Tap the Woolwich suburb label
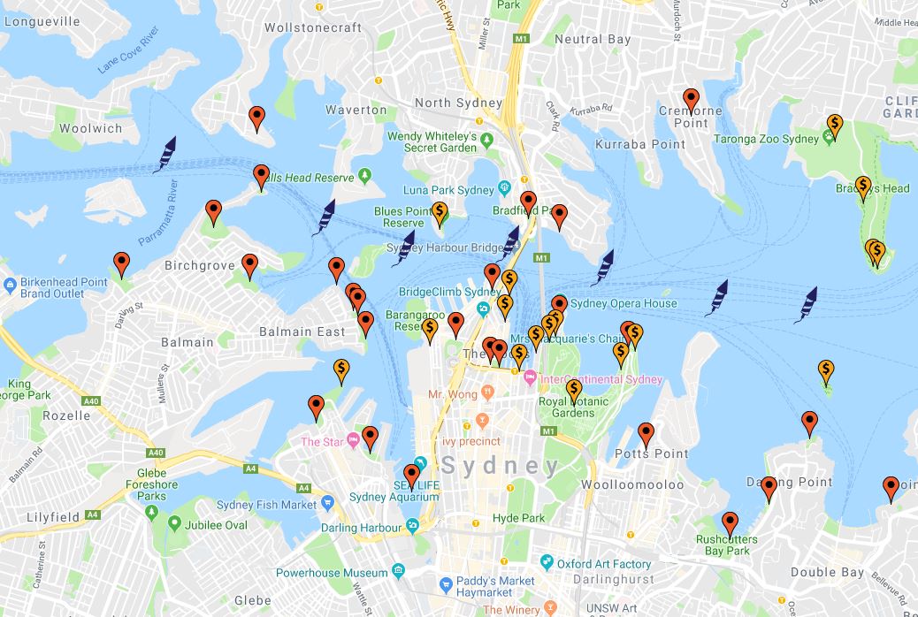click(x=91, y=129)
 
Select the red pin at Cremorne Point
click(x=691, y=100)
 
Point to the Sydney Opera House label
click(x=623, y=303)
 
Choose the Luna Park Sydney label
click(x=448, y=190)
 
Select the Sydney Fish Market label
click(x=266, y=505)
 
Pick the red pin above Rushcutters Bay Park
click(x=730, y=523)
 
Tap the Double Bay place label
click(x=827, y=573)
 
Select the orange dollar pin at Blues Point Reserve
click(x=440, y=212)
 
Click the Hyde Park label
click(x=518, y=518)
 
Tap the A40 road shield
click(x=157, y=453)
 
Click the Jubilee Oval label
click(x=217, y=525)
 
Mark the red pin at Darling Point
click(x=769, y=487)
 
